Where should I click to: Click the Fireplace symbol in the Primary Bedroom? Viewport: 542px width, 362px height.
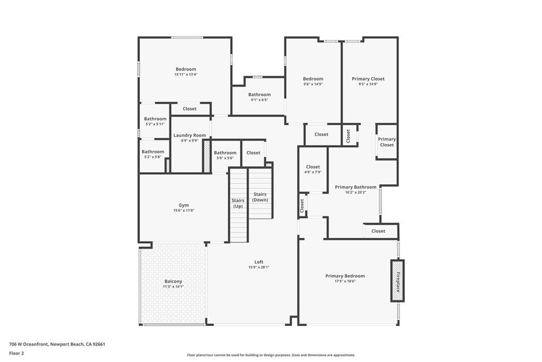tap(398, 280)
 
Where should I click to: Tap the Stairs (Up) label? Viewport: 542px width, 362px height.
tap(238, 203)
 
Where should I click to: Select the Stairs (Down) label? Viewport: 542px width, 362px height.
tap(260, 197)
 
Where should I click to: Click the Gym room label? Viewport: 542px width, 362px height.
tap(184, 205)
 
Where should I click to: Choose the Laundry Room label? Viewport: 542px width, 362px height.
tap(189, 136)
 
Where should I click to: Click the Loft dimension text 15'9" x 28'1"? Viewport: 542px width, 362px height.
tap(259, 267)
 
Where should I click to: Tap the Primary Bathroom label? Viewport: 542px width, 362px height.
tap(356, 187)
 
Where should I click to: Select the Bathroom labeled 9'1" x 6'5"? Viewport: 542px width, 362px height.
tap(259, 95)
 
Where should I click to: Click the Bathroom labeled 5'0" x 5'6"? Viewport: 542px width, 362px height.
tap(225, 153)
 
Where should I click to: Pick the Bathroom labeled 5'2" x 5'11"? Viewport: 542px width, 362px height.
tap(155, 119)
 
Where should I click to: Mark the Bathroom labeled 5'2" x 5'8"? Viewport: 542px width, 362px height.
tap(153, 152)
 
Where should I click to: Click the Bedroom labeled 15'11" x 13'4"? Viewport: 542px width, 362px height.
tap(186, 69)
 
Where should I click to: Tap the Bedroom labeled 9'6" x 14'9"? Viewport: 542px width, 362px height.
tap(313, 79)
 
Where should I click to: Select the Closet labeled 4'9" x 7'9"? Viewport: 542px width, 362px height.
tap(313, 167)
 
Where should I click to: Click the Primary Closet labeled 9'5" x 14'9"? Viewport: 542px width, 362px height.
tap(368, 79)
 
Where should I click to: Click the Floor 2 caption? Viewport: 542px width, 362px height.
tap(17, 352)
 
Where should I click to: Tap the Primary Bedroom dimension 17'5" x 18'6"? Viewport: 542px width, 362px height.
tap(345, 281)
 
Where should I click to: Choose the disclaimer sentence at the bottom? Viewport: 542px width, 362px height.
tap(271, 355)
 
